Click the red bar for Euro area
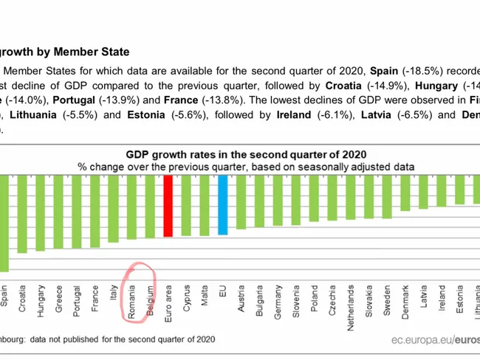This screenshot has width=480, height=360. pos(168,205)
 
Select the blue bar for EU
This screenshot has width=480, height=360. pos(222,204)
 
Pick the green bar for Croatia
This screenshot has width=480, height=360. pos(22,213)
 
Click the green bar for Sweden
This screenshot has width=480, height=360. pos(386,196)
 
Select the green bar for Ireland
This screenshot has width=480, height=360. pos(442,190)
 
